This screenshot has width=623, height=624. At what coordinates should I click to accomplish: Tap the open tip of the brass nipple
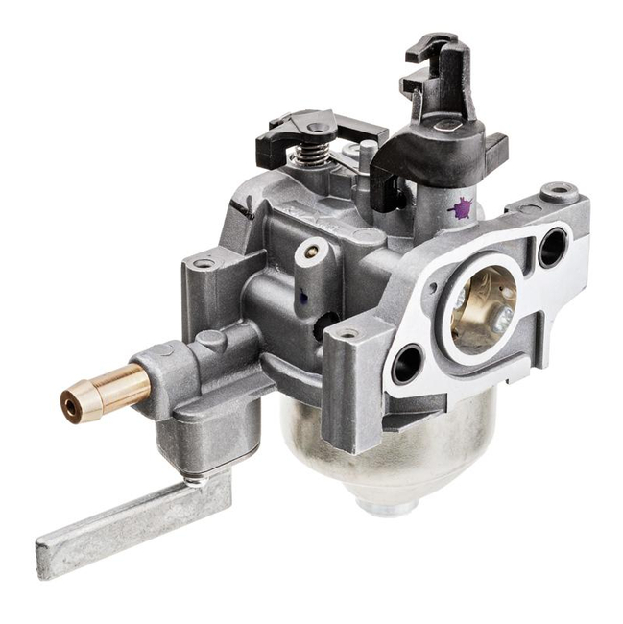[72, 406]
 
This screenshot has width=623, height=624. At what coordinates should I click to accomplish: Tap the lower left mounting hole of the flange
[407, 365]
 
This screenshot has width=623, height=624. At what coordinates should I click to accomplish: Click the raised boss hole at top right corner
[558, 193]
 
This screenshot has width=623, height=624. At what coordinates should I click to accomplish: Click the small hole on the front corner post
[347, 334]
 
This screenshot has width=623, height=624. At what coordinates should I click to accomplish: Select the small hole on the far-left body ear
[203, 264]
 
